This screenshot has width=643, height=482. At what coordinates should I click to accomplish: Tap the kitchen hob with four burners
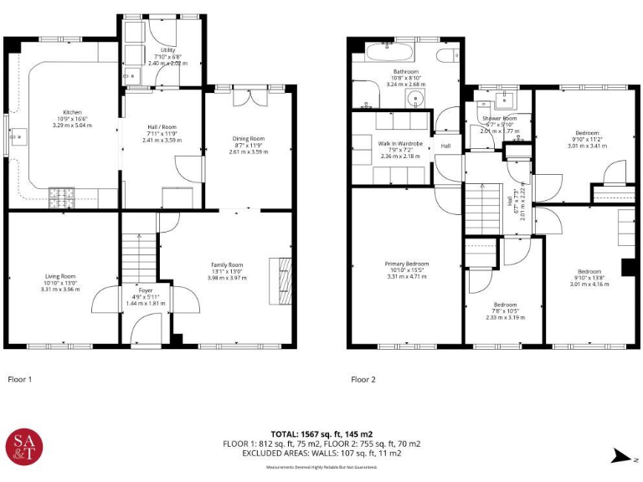(62, 193)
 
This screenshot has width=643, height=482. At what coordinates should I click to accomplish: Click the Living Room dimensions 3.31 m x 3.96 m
(60, 290)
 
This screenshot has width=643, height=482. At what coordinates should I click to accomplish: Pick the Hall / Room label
(162, 127)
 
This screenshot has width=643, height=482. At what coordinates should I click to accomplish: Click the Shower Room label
(499, 119)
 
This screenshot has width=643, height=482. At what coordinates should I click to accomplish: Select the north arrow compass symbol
(620, 454)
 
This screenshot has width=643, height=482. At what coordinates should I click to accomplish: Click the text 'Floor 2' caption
(363, 380)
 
